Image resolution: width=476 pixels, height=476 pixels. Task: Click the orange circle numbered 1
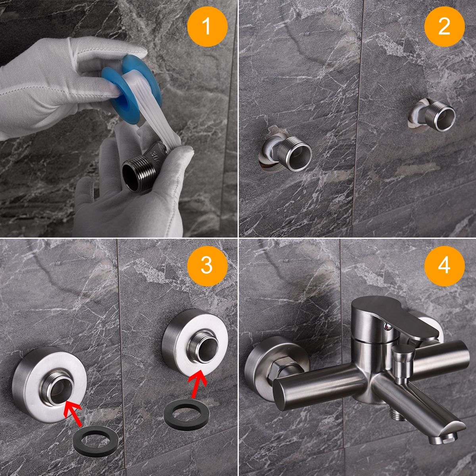pyautogui.click(x=207, y=27)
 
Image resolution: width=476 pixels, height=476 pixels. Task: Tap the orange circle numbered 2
pyautogui.click(x=444, y=27)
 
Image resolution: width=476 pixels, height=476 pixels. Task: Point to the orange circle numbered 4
pyautogui.click(x=444, y=266)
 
